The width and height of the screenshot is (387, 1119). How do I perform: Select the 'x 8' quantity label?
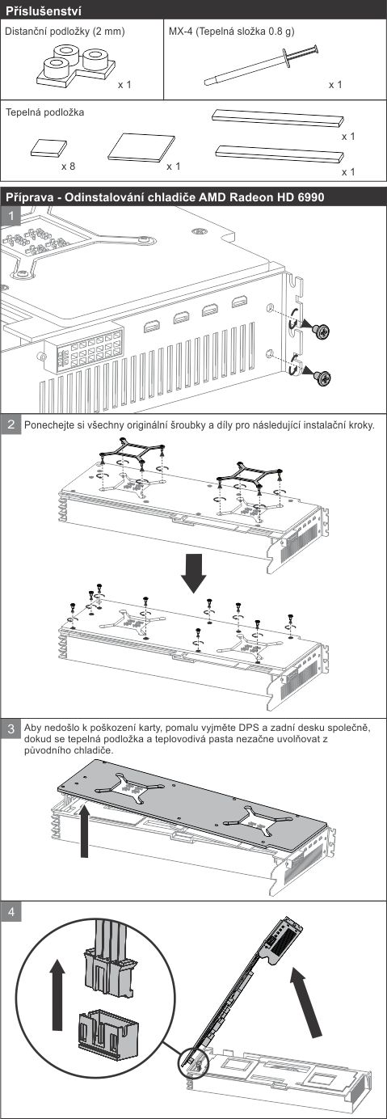pos(68,167)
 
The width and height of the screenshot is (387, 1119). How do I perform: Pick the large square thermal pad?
pos(141,148)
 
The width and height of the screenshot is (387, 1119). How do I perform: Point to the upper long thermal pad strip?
pos(278,118)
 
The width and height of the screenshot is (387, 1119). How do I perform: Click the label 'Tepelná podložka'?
pos(44,112)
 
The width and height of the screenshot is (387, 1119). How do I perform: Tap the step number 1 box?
pos(11,217)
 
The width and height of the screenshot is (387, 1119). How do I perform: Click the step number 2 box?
pos(11,424)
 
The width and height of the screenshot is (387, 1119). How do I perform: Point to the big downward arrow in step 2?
pos(194,573)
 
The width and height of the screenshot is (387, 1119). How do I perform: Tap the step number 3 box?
pos(11,729)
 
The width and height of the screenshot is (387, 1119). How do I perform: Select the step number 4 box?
pos(11,912)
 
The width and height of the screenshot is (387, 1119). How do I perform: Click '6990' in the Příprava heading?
pos(310,197)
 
